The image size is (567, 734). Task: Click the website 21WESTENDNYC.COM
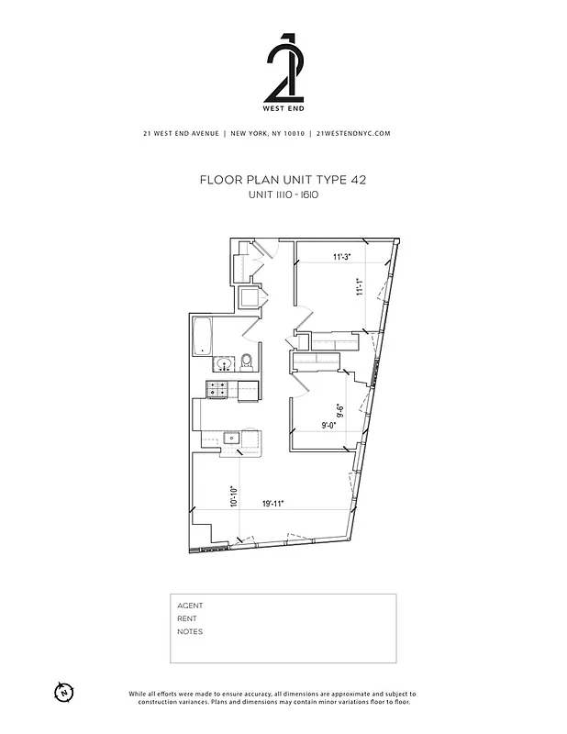(353, 133)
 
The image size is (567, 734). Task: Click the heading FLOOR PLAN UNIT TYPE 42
(283, 181)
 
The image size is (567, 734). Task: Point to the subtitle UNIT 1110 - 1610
(283, 195)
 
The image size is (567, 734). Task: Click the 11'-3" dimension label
(342, 257)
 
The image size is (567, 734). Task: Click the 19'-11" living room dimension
(272, 503)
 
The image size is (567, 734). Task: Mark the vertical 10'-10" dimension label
(234, 498)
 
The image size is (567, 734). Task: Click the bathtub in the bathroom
(203, 337)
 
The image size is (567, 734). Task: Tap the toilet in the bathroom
(246, 360)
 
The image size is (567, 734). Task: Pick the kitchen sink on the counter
(234, 439)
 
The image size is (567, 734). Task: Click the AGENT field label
(190, 606)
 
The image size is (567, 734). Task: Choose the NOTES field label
(190, 631)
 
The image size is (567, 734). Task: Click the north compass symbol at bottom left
(64, 692)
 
